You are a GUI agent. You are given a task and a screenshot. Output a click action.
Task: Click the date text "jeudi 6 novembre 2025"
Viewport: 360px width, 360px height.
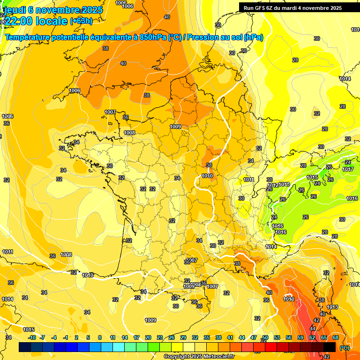(x=52, y=10)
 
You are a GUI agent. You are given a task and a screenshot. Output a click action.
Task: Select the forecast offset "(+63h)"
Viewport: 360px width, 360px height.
(x=81, y=21)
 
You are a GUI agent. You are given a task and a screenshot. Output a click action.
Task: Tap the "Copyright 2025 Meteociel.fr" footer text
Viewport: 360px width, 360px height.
(x=198, y=356)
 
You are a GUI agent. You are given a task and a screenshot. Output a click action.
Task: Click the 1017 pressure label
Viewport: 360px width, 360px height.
(x=348, y=169)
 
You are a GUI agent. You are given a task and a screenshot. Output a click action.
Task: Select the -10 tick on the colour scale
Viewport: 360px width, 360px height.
(x=32, y=337)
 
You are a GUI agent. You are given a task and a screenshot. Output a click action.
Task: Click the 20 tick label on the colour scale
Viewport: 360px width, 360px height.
(x=148, y=337)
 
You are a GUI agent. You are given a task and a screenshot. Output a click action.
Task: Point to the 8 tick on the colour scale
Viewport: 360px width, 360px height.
(x=100, y=337)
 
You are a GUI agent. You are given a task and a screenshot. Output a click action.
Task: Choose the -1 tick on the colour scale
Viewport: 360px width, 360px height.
(x=65, y=337)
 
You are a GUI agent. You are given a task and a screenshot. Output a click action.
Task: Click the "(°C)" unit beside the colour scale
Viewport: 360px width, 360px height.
(x=344, y=347)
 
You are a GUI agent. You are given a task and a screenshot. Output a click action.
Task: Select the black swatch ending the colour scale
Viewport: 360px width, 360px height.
(x=330, y=347)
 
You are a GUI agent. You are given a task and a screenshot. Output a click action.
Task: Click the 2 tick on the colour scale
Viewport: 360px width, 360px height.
(x=76, y=337)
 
